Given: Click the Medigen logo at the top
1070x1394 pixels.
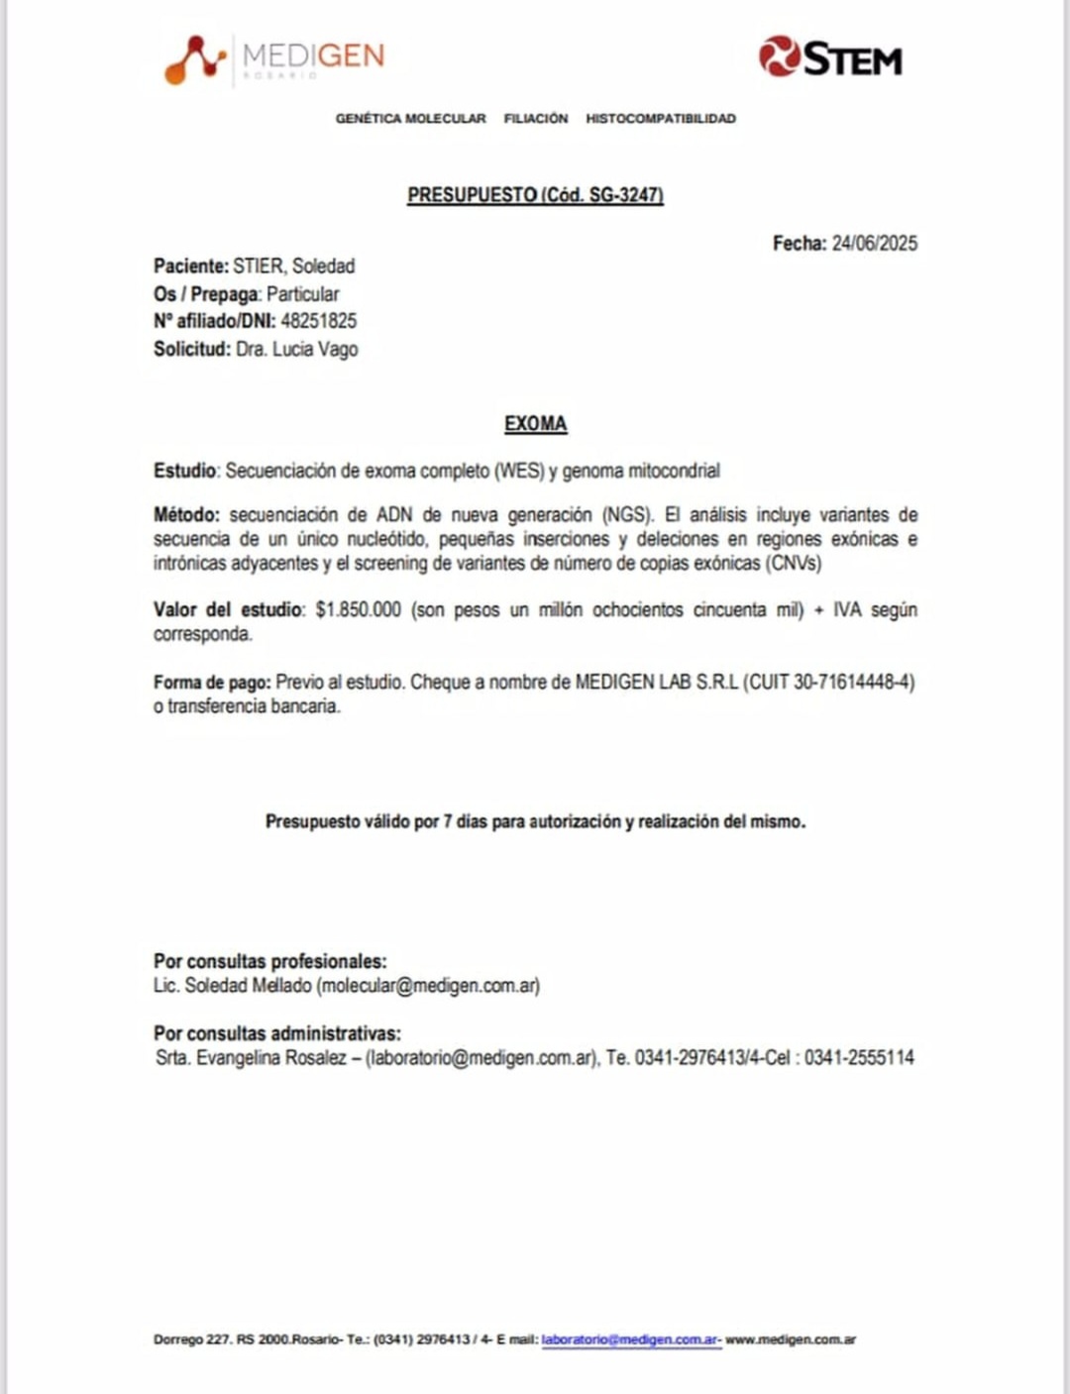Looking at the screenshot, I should [274, 58].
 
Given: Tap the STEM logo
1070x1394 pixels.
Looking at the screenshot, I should [830, 57].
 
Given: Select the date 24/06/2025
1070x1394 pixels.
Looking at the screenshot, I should [874, 244].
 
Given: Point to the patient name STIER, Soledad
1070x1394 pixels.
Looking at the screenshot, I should [293, 267].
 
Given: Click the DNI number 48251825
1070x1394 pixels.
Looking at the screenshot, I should [318, 321].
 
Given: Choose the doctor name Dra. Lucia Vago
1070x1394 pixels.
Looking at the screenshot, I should [296, 349].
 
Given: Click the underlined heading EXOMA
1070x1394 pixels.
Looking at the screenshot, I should [535, 424].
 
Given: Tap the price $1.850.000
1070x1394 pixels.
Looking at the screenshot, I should [358, 609].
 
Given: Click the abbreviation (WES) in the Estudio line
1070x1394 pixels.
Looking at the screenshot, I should [518, 471].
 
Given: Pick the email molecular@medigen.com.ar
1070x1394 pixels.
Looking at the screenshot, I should [428, 986].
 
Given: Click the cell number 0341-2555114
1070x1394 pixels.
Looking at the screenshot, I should [858, 1058].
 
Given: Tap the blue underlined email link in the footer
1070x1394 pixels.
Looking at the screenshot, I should [629, 1340].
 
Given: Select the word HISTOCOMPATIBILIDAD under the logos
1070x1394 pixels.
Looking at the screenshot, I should [660, 119].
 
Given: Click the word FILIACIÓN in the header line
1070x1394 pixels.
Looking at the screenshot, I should [535, 119].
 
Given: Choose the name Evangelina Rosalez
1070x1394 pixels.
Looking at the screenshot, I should [271, 1058].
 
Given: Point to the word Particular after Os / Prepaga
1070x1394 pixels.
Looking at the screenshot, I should [302, 294].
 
